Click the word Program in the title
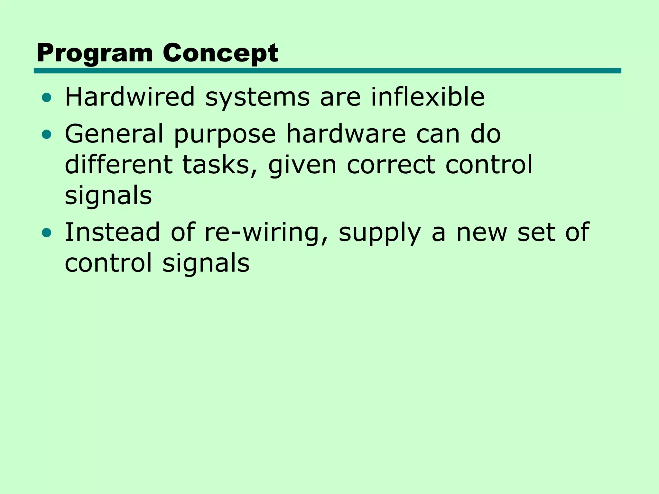[95, 53]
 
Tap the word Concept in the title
[220, 53]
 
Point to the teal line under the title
[327, 71]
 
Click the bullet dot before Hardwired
[47, 97]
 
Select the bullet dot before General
[47, 134]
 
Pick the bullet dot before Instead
[47, 233]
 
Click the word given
[302, 165]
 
